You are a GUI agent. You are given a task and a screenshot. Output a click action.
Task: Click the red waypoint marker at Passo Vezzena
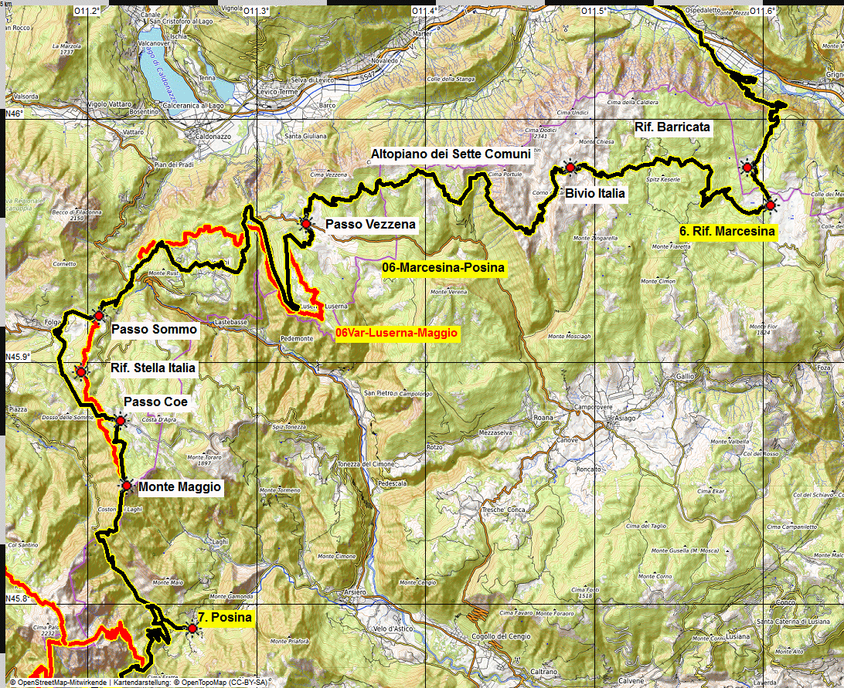[x=306, y=224]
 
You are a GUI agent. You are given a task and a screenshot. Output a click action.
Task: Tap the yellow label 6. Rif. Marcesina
[x=727, y=231]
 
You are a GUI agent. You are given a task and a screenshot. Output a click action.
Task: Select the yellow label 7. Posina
[x=224, y=618]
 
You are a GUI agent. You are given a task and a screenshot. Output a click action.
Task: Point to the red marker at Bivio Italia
[x=570, y=168]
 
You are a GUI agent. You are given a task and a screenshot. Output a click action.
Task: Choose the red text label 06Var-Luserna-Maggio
[x=397, y=334]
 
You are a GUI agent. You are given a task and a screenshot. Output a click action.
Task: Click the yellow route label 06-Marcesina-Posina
[x=444, y=268]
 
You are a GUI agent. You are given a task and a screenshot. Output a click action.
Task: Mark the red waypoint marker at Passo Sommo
[x=99, y=316]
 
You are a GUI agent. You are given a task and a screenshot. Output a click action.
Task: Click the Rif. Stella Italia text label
[x=153, y=368]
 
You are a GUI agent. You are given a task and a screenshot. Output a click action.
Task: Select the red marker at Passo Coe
[x=121, y=420]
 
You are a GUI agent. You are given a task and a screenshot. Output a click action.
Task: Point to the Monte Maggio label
[x=179, y=487]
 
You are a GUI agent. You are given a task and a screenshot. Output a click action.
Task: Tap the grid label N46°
[x=15, y=114]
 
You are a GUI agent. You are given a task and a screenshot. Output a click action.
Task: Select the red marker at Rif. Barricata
[x=747, y=167]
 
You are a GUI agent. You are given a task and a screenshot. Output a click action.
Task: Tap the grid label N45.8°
[x=18, y=598]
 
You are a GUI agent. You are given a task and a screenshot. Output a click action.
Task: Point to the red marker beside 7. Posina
[x=192, y=629]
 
